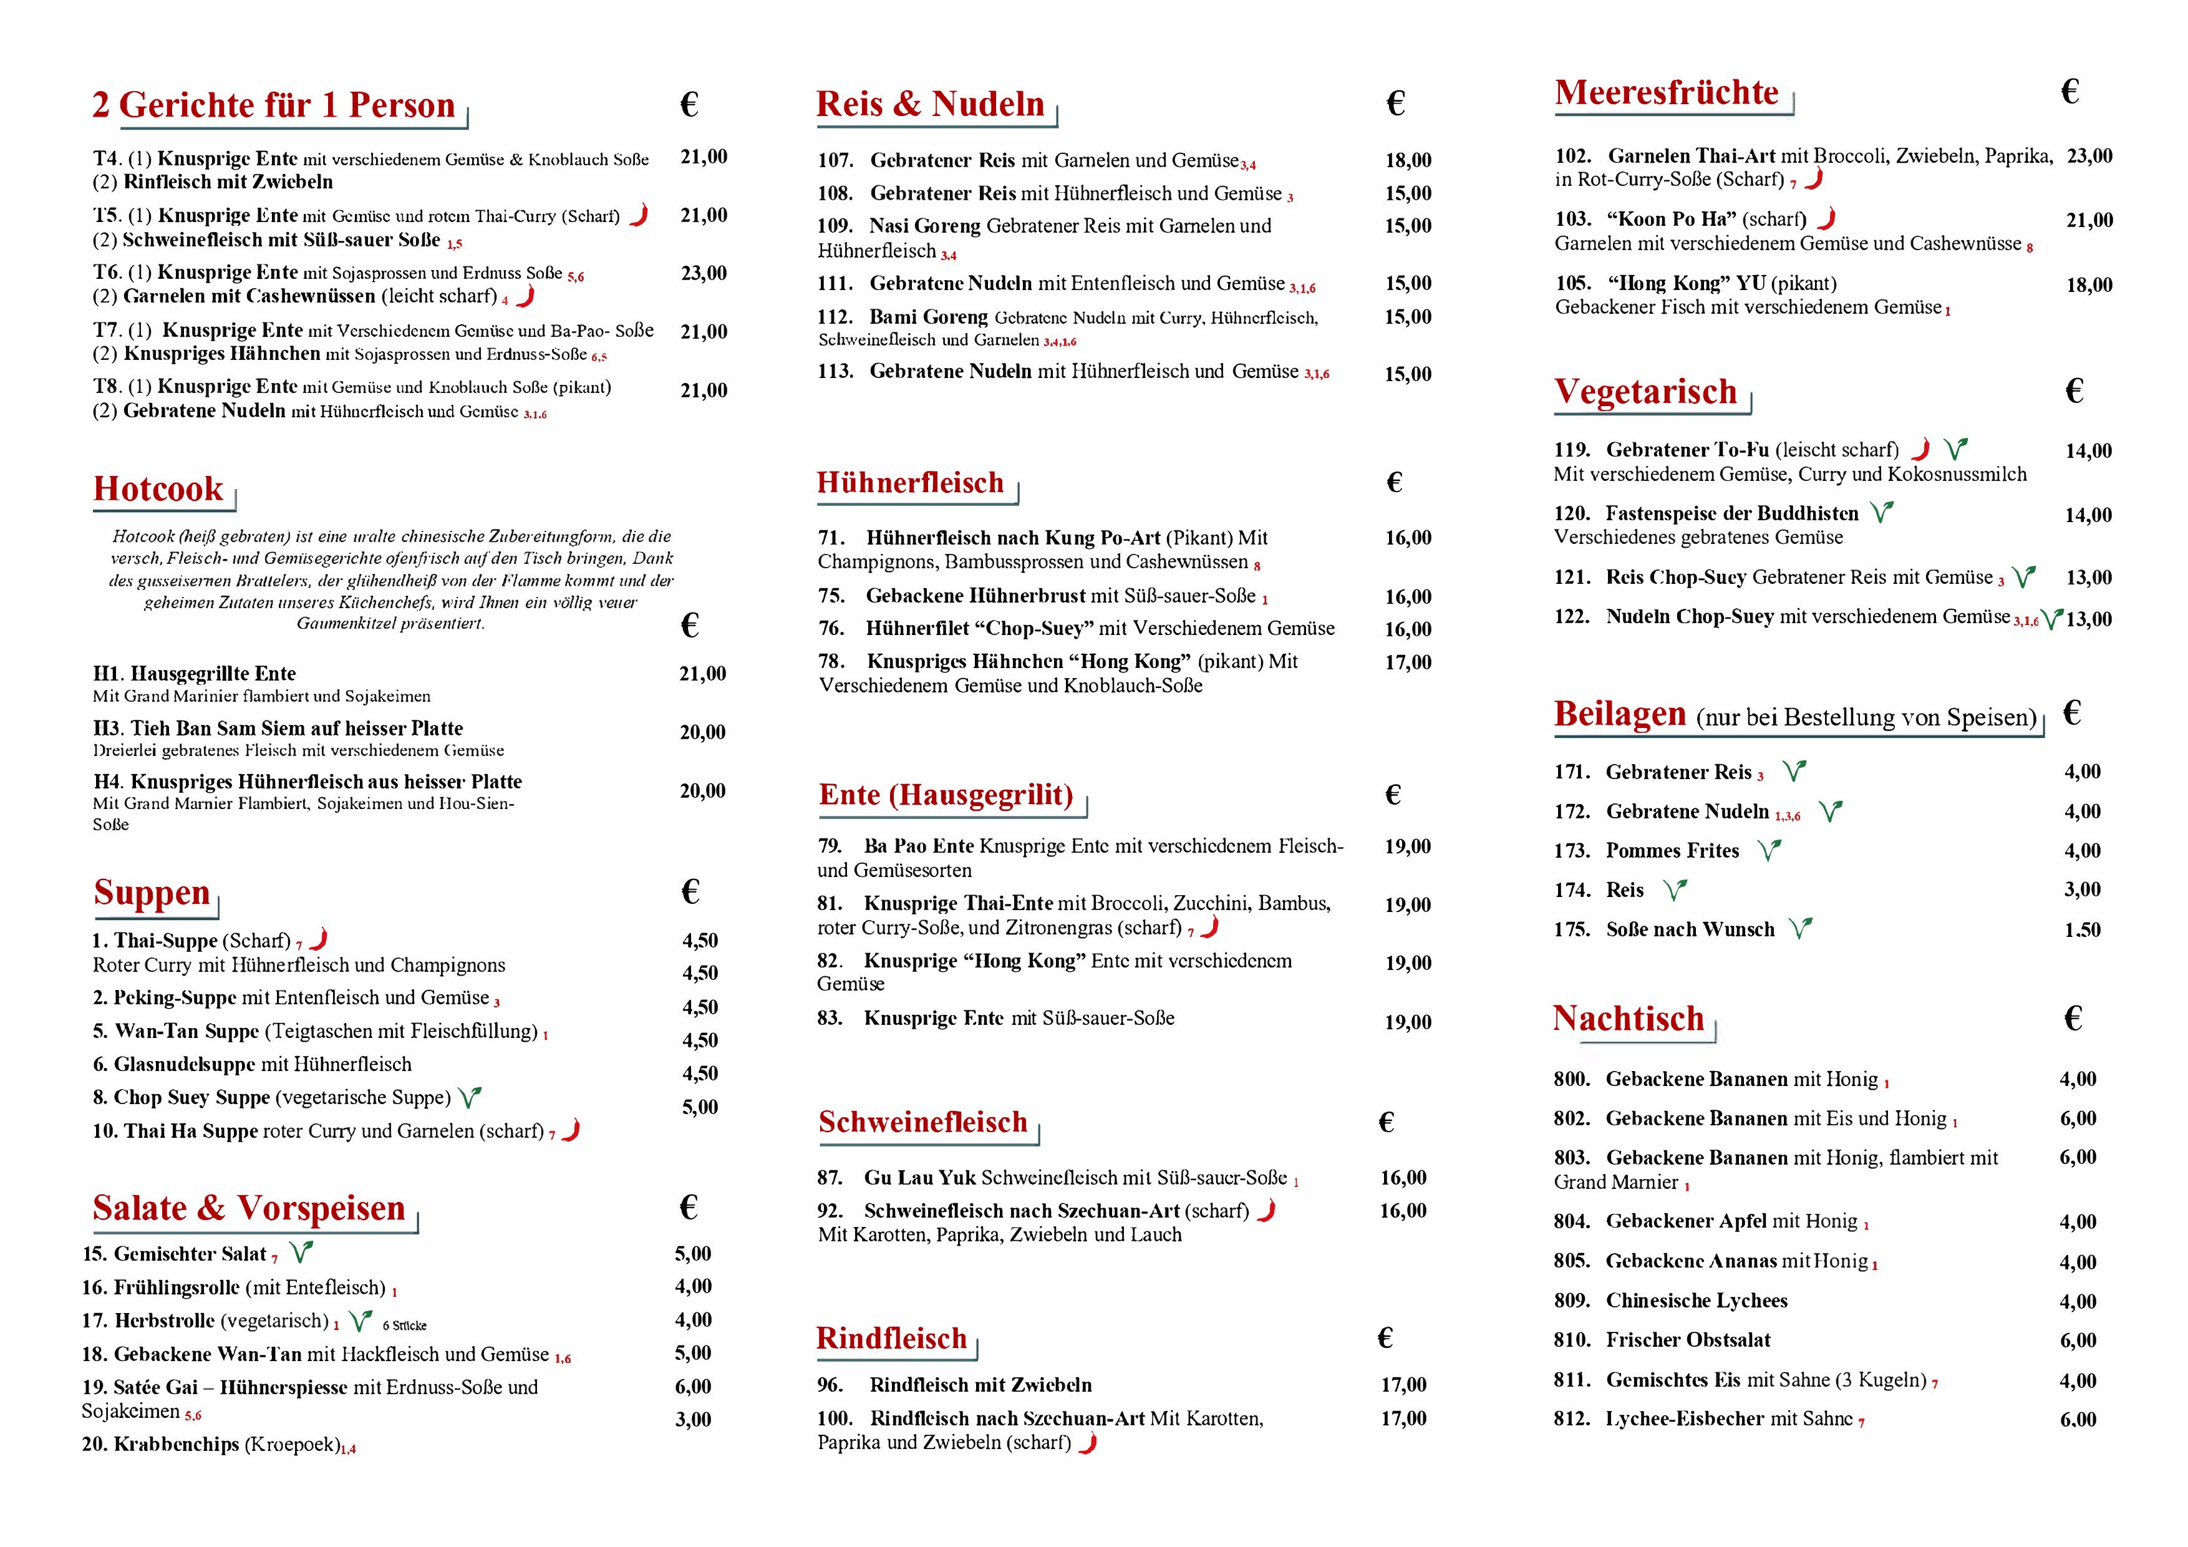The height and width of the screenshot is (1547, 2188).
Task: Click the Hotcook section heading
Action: [158, 489]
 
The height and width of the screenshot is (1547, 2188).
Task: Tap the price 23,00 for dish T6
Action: [704, 274]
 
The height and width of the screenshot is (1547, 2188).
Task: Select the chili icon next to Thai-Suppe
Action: [319, 939]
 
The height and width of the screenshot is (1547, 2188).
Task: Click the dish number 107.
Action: [835, 161]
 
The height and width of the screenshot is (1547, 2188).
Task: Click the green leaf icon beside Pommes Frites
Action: [1769, 850]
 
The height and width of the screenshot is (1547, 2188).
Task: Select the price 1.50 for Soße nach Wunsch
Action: [2082, 930]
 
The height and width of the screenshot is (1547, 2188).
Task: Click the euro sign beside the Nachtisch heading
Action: [2073, 1018]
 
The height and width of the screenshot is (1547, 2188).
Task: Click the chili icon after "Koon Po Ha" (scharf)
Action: [1826, 219]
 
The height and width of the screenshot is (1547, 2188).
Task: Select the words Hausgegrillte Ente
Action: [213, 674]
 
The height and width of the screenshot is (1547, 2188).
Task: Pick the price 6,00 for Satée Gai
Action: [693, 1387]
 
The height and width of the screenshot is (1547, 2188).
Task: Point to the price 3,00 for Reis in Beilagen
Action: [2082, 890]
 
